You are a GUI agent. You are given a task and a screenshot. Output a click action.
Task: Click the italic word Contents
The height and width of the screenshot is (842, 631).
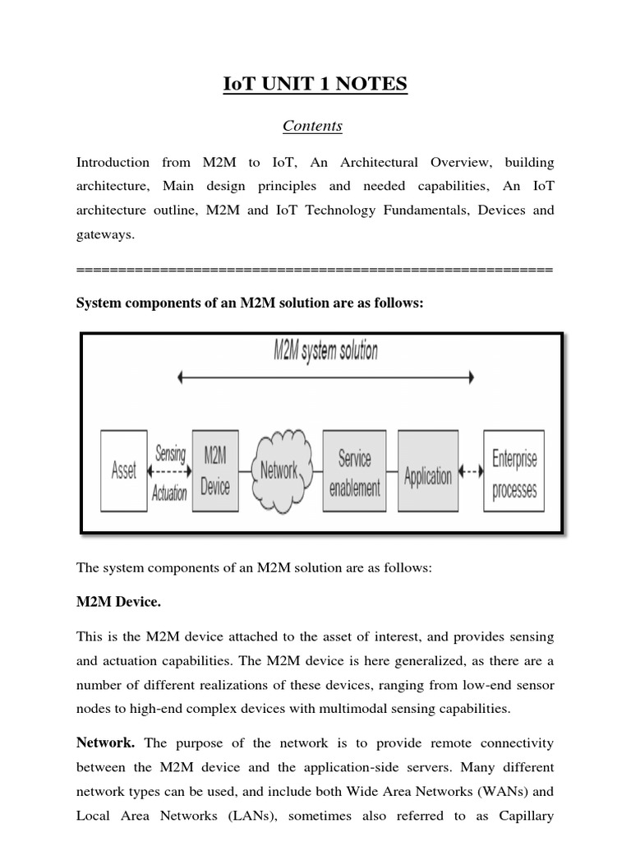(x=312, y=126)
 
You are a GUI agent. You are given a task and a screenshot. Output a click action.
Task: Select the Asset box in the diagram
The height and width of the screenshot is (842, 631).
(x=124, y=471)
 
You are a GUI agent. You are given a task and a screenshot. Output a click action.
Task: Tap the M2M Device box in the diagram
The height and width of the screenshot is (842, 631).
(x=215, y=471)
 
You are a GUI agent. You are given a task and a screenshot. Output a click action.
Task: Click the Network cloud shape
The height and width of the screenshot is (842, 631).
(x=279, y=470)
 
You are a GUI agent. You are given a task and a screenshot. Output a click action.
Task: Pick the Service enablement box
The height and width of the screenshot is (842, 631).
(x=354, y=472)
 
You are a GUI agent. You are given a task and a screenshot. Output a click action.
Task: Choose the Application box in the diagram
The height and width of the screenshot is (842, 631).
(x=427, y=474)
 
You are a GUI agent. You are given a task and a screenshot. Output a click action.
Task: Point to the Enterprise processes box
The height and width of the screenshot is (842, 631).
(x=514, y=472)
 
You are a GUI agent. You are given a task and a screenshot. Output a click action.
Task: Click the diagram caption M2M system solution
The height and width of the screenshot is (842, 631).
(x=325, y=352)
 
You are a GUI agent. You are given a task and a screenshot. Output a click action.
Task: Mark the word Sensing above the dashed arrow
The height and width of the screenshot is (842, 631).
(x=170, y=452)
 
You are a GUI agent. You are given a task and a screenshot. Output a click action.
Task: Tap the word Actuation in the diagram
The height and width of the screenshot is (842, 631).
(x=169, y=494)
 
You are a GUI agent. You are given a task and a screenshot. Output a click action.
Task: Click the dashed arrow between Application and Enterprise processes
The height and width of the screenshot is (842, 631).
(x=470, y=473)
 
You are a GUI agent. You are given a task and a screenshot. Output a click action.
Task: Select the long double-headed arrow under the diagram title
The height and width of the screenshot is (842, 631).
(x=326, y=377)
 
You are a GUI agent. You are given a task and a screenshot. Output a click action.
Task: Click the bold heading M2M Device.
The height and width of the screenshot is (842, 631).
(x=118, y=603)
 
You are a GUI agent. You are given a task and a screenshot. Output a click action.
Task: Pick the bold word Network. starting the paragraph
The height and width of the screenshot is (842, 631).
(x=105, y=743)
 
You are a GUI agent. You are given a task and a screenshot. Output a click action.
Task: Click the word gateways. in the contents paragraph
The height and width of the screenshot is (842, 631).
(x=104, y=235)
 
